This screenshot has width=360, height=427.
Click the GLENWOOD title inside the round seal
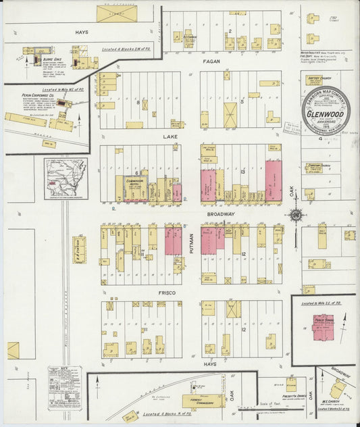tap(326, 114)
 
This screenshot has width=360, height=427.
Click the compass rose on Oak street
tap(294, 216)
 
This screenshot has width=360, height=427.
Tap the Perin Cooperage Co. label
tap(28, 97)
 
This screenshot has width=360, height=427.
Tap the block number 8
tap(138, 103)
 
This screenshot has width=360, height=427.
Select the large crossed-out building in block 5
tap(230, 113)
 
